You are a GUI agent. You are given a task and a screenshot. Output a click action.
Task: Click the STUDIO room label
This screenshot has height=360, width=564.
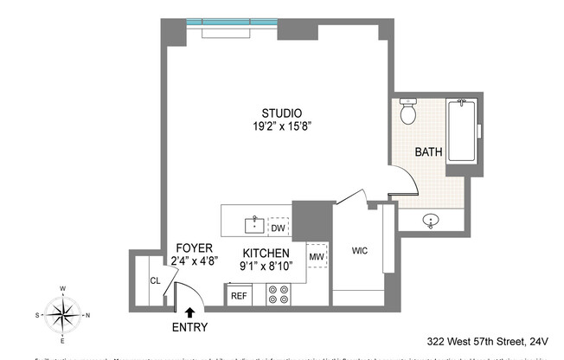click(x=282, y=113)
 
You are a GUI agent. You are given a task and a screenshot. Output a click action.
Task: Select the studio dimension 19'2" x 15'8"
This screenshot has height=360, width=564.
click(x=282, y=126)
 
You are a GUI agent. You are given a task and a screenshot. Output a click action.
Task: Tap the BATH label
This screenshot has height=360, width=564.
click(x=428, y=151)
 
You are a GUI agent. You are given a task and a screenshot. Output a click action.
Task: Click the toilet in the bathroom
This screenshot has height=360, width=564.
click(x=408, y=112)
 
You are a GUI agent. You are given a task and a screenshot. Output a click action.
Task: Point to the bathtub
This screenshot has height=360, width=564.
click(x=462, y=132)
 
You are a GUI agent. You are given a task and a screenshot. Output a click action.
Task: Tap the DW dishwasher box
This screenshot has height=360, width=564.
click(x=278, y=228)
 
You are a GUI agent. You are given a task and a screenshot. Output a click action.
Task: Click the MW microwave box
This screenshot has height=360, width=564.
click(x=317, y=257)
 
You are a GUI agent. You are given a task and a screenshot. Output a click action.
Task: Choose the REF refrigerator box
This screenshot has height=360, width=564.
click(x=239, y=295)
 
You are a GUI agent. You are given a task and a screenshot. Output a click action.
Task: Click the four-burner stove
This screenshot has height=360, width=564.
click(x=279, y=295)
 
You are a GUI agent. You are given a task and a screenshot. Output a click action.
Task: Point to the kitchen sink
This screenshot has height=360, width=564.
click(x=253, y=226)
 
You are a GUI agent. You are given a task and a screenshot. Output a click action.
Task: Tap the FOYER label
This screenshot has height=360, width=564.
click(x=194, y=247)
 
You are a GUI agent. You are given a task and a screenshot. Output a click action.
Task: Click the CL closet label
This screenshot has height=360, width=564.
click(x=156, y=280)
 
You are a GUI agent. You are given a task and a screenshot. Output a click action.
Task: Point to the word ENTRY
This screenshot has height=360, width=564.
click(x=189, y=327)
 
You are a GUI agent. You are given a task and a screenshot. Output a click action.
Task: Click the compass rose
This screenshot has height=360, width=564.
click(x=62, y=314)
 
